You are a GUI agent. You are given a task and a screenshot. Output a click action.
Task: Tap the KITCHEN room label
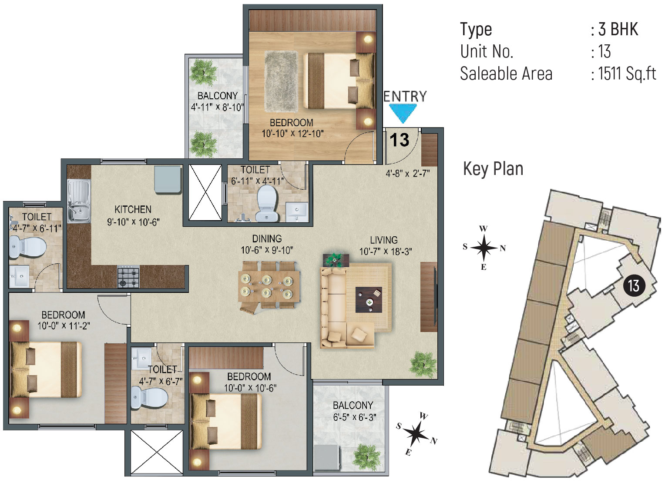pos(133,210)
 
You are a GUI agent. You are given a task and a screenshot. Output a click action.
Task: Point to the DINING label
pos(267,239)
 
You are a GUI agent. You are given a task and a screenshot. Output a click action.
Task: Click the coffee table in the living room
pos(369,299)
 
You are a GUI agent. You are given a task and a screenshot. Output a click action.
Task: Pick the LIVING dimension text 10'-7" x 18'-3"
pos(386,252)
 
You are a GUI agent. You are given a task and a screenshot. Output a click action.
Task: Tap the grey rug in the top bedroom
pos(281,82)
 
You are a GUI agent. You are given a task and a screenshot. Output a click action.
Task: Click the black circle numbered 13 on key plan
pos(634,286)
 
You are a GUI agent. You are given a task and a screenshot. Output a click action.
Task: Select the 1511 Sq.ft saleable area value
pos(627,74)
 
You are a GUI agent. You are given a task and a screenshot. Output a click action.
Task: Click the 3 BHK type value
pos(618,29)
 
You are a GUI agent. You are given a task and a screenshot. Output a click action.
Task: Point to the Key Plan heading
pos(493,169)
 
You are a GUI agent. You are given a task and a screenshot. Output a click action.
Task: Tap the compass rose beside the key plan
pos(484,248)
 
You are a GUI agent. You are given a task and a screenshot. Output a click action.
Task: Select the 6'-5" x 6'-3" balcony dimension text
pos(354,417)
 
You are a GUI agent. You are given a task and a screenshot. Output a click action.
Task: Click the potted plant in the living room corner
pos(423,365)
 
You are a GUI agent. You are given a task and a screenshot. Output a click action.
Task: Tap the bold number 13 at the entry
pos(399,140)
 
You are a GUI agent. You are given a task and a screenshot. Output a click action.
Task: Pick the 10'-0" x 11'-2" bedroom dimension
pos(64,326)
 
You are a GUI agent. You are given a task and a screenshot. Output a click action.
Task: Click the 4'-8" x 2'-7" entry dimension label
pos(408,173)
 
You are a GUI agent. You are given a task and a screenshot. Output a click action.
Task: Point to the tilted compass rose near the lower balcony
pos(417,434)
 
